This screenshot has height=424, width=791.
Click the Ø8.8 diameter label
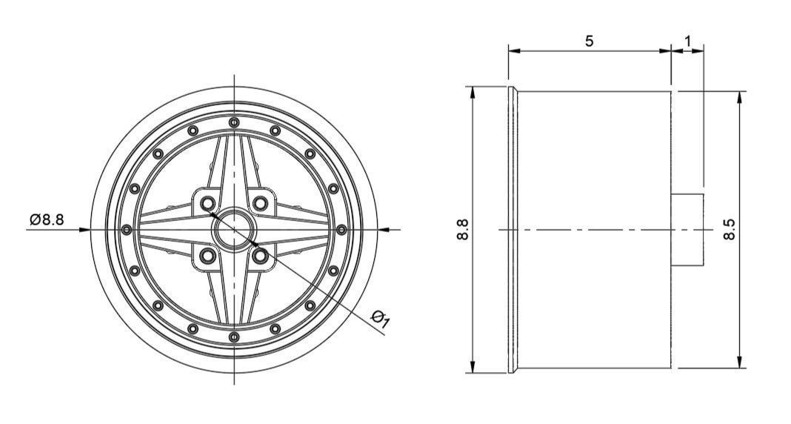click(47, 220)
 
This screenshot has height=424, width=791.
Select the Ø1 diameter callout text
click(381, 319)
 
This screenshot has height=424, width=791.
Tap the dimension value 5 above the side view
click(589, 41)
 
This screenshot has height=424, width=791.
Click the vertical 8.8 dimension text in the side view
click(463, 229)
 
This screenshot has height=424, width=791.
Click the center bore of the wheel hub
click(234, 229)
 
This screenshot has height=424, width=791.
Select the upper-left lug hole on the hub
click(208, 203)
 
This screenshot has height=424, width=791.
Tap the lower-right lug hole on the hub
click(260, 255)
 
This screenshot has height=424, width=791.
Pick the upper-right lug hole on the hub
click(260, 203)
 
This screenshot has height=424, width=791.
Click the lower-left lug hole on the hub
click(208, 255)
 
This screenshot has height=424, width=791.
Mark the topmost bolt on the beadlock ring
click(234, 122)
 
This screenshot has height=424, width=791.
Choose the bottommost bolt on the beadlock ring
click(234, 337)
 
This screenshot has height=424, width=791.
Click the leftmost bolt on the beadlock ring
click(127, 229)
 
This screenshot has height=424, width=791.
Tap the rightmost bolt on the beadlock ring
click(341, 229)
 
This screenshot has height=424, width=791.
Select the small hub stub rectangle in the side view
click(687, 229)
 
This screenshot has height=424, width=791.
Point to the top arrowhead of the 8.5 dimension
click(740, 97)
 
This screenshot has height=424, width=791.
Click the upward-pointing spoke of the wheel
click(234, 167)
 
